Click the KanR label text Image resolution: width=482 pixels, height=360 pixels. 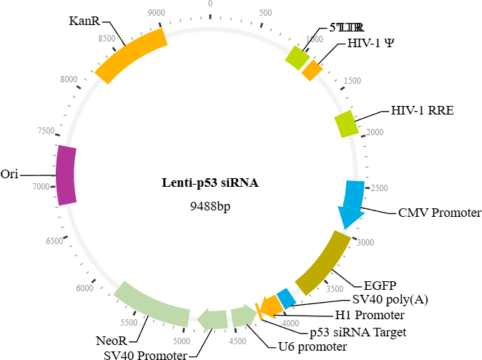[84, 20]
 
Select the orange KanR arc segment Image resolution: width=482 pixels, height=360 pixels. [132, 54]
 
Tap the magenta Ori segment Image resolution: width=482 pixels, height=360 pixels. [66, 174]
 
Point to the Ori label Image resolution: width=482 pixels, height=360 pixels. [9, 174]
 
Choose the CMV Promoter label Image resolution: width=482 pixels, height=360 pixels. [440, 213]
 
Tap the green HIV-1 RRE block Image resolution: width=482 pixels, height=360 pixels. [347, 123]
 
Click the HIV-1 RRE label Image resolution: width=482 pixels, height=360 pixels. [422, 111]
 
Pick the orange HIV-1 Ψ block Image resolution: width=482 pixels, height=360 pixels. [313, 70]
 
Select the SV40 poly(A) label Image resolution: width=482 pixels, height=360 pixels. [390, 299]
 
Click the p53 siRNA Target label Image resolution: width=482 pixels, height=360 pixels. [358, 331]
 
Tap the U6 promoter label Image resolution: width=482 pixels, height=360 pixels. [312, 346]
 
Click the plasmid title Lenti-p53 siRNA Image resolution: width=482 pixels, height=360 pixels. [210, 183]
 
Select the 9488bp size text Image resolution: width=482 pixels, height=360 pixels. [210, 206]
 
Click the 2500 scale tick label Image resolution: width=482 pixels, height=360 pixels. [376, 188]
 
